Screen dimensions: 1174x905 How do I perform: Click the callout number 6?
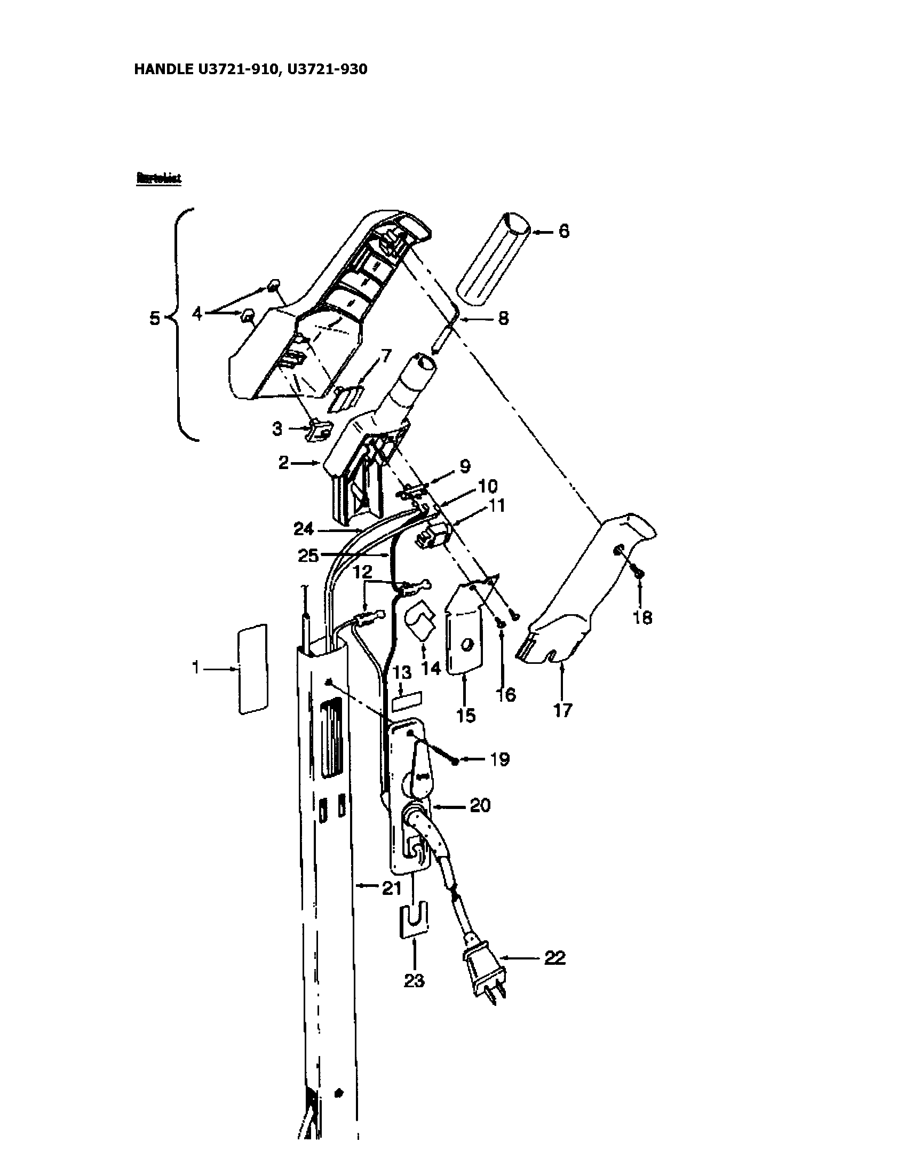tap(563, 232)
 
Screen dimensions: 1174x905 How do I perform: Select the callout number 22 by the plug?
tap(554, 958)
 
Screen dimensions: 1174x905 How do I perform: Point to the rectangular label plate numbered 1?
tap(252, 669)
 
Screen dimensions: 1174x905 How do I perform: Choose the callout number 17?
tap(562, 711)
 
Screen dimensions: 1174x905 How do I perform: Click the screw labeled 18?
tap(639, 575)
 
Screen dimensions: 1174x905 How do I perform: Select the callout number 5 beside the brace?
tap(155, 319)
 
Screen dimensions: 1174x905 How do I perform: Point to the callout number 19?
tap(499, 759)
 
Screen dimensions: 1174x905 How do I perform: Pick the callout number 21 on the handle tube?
tap(391, 889)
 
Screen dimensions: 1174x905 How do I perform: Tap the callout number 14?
tap(431, 668)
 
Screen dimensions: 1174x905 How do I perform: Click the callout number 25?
tap(308, 556)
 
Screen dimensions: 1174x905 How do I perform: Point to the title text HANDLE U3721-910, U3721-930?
tap(250, 69)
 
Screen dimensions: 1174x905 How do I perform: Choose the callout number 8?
tap(503, 319)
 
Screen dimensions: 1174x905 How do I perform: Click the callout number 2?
tap(284, 463)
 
